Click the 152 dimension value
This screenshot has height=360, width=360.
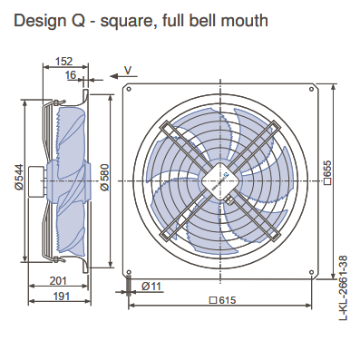coord(64,62)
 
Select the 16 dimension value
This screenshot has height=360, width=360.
coord(71,74)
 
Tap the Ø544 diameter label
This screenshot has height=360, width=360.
coord(19,177)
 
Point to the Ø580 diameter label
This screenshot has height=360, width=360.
coord(104,178)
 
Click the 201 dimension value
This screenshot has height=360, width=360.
coord(58,281)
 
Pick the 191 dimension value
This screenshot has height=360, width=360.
coord(62,297)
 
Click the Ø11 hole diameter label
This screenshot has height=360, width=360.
coord(151,286)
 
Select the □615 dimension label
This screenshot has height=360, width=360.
coord(223,300)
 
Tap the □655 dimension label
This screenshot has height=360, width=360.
coord(327,172)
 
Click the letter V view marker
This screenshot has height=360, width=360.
coord(128,71)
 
